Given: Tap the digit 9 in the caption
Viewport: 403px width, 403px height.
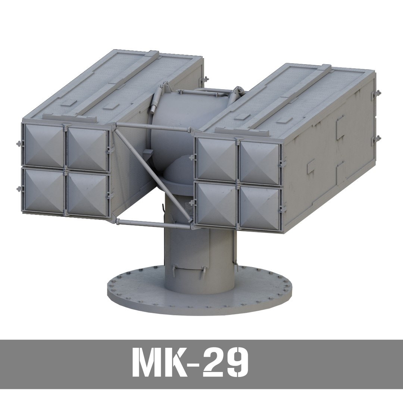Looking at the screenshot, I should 235,363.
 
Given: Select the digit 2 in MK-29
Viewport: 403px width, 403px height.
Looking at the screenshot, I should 213,363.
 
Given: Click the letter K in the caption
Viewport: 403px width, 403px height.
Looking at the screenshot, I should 174,363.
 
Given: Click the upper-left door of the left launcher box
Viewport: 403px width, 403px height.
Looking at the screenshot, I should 44,146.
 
